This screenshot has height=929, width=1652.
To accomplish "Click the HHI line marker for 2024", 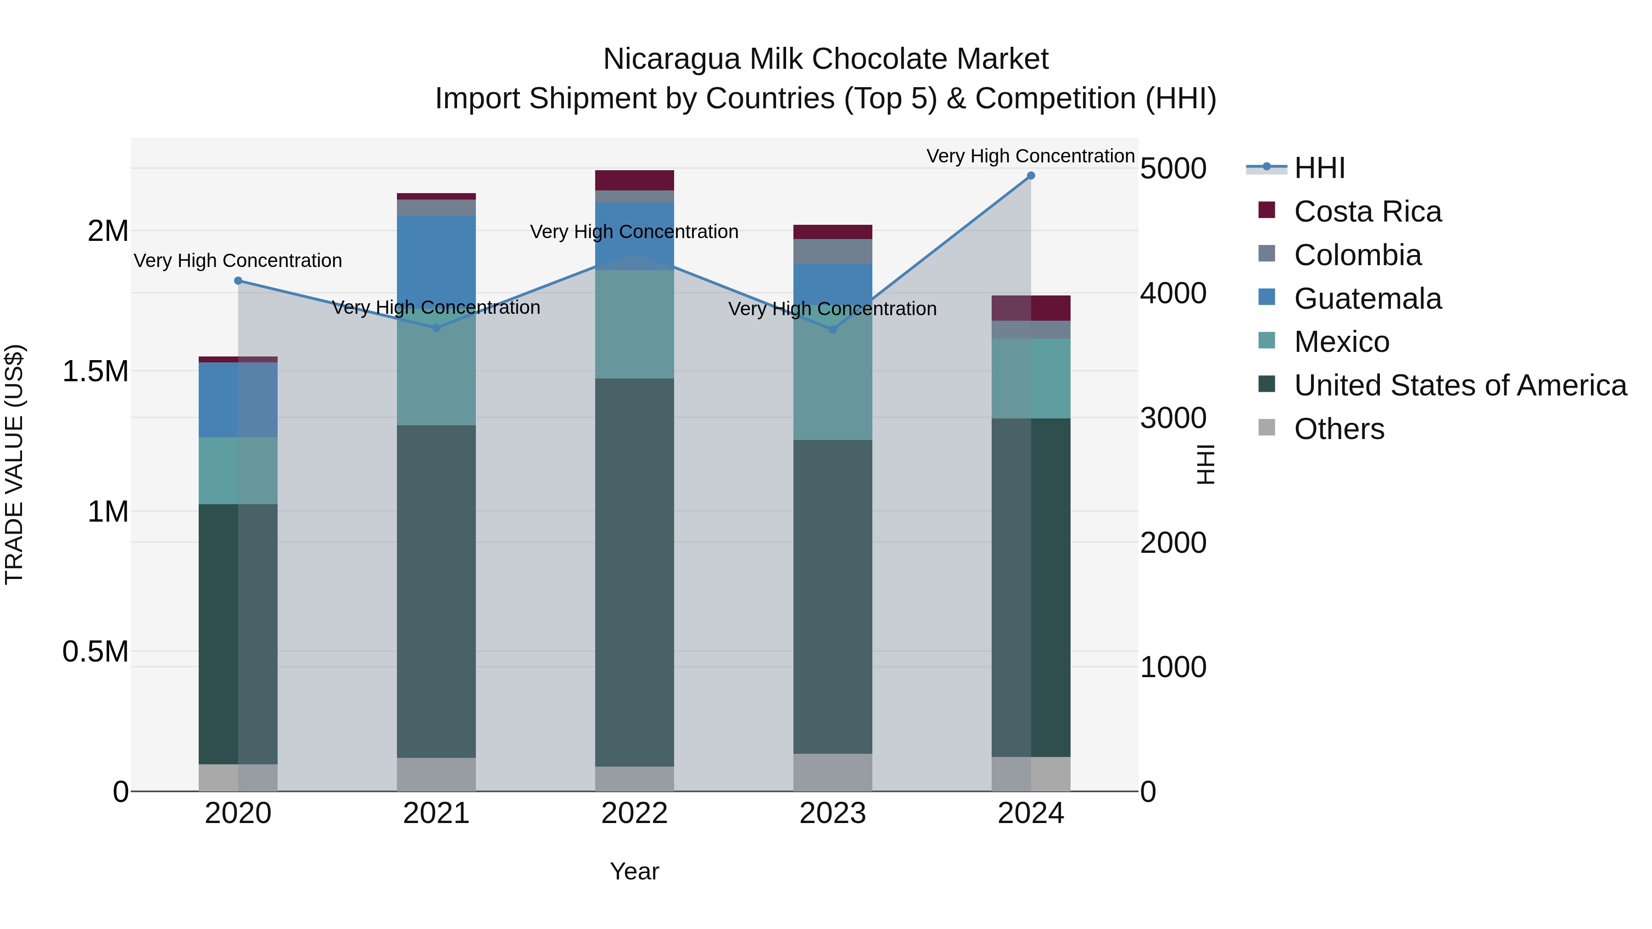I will (1031, 176).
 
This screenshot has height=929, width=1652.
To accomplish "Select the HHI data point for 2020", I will (238, 281).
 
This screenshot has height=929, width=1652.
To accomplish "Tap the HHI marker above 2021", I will (436, 328).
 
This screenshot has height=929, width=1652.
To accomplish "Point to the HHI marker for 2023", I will (832, 329).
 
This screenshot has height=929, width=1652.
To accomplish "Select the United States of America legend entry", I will (1460, 386).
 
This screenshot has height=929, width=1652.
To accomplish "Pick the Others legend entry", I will (1339, 429).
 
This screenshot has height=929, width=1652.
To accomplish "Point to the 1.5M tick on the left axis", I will (95, 371).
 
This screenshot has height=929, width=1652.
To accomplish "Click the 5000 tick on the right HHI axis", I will (1173, 169).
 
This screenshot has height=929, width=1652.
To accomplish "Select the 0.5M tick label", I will (95, 651).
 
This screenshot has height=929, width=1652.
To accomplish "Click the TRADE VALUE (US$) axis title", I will (14, 464).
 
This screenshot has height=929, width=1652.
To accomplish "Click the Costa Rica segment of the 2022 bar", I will (634, 180).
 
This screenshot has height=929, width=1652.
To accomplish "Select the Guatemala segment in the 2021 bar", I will (436, 260).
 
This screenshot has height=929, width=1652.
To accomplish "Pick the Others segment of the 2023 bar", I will (832, 772).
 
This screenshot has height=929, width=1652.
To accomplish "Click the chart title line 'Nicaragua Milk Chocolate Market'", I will (826, 59).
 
